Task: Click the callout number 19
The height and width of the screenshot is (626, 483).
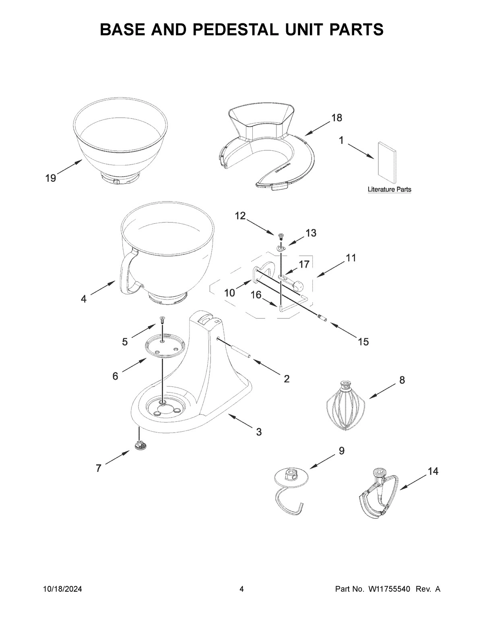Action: [x=50, y=178]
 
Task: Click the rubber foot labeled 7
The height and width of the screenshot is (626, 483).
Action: [x=140, y=445]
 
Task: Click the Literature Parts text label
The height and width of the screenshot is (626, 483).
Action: [x=389, y=189]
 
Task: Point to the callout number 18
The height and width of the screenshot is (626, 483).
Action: [x=336, y=118]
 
